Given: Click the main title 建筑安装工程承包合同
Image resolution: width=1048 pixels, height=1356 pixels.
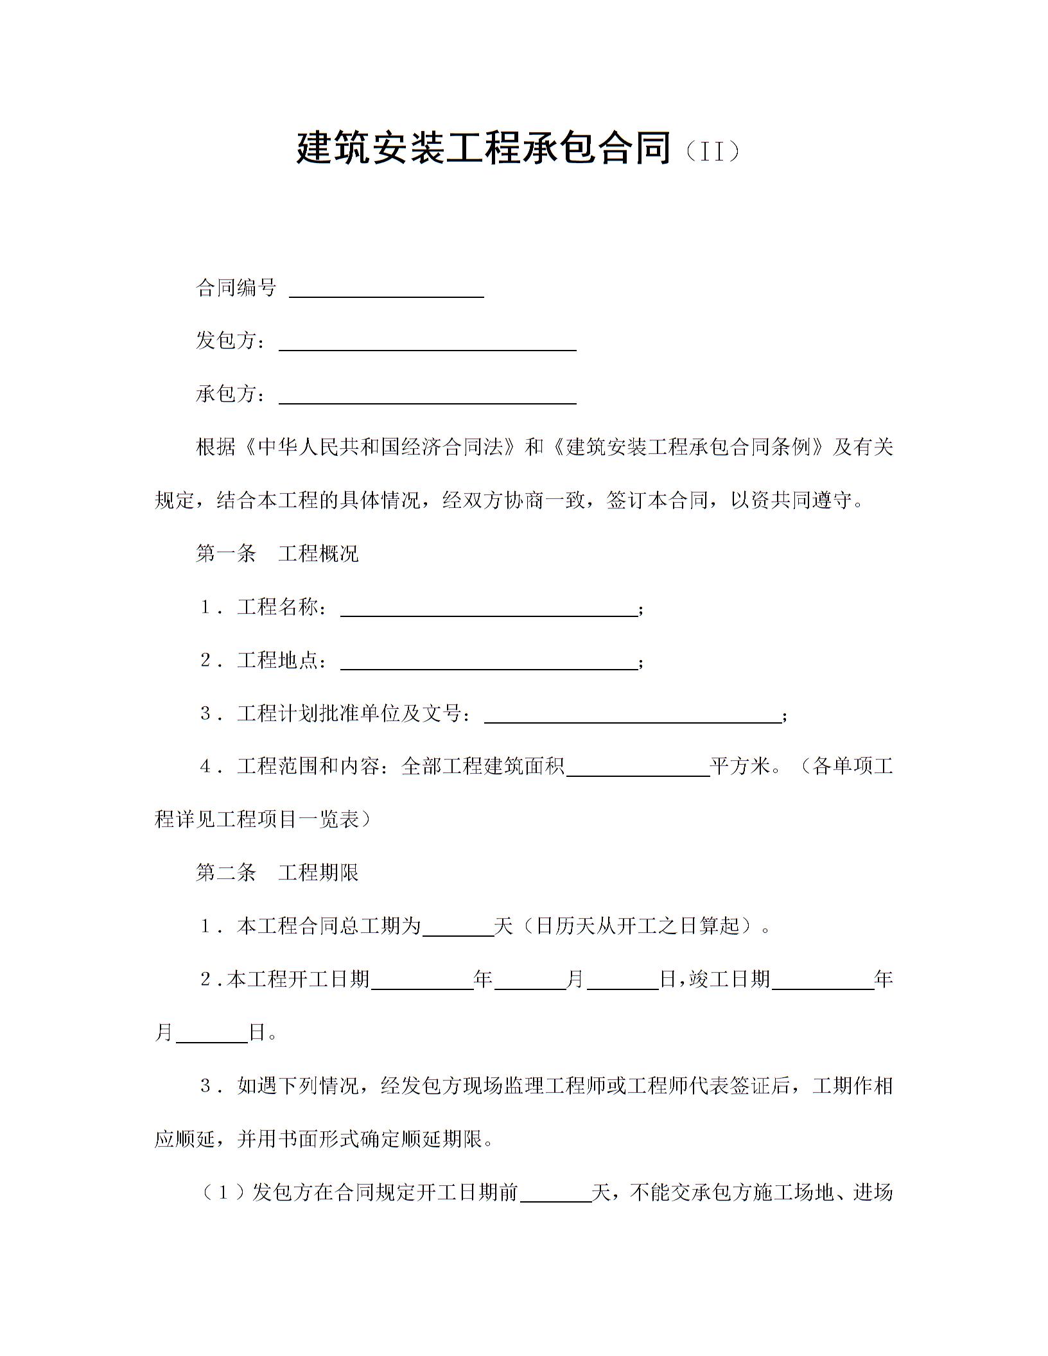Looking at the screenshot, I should point(484,148).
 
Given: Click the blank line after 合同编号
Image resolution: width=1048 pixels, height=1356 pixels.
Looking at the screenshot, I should point(387,292).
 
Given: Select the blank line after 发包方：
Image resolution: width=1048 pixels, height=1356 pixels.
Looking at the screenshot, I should point(427,345).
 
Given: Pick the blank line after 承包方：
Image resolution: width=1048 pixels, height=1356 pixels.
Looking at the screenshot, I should point(427,399).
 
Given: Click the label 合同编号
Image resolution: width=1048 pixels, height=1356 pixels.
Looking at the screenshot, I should point(236,288).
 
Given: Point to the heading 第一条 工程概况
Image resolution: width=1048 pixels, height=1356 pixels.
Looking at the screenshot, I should point(277,553).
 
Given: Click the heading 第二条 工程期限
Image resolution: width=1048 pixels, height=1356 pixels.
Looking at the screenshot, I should point(277,872).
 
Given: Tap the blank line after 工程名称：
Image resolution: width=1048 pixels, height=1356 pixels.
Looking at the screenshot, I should point(488,611).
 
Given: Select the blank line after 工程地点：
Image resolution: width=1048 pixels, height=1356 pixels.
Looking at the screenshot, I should point(488,665).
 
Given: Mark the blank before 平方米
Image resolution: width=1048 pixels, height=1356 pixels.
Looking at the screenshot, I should point(638,771).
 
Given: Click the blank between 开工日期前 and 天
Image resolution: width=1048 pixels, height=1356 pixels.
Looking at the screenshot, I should point(555,1196).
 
